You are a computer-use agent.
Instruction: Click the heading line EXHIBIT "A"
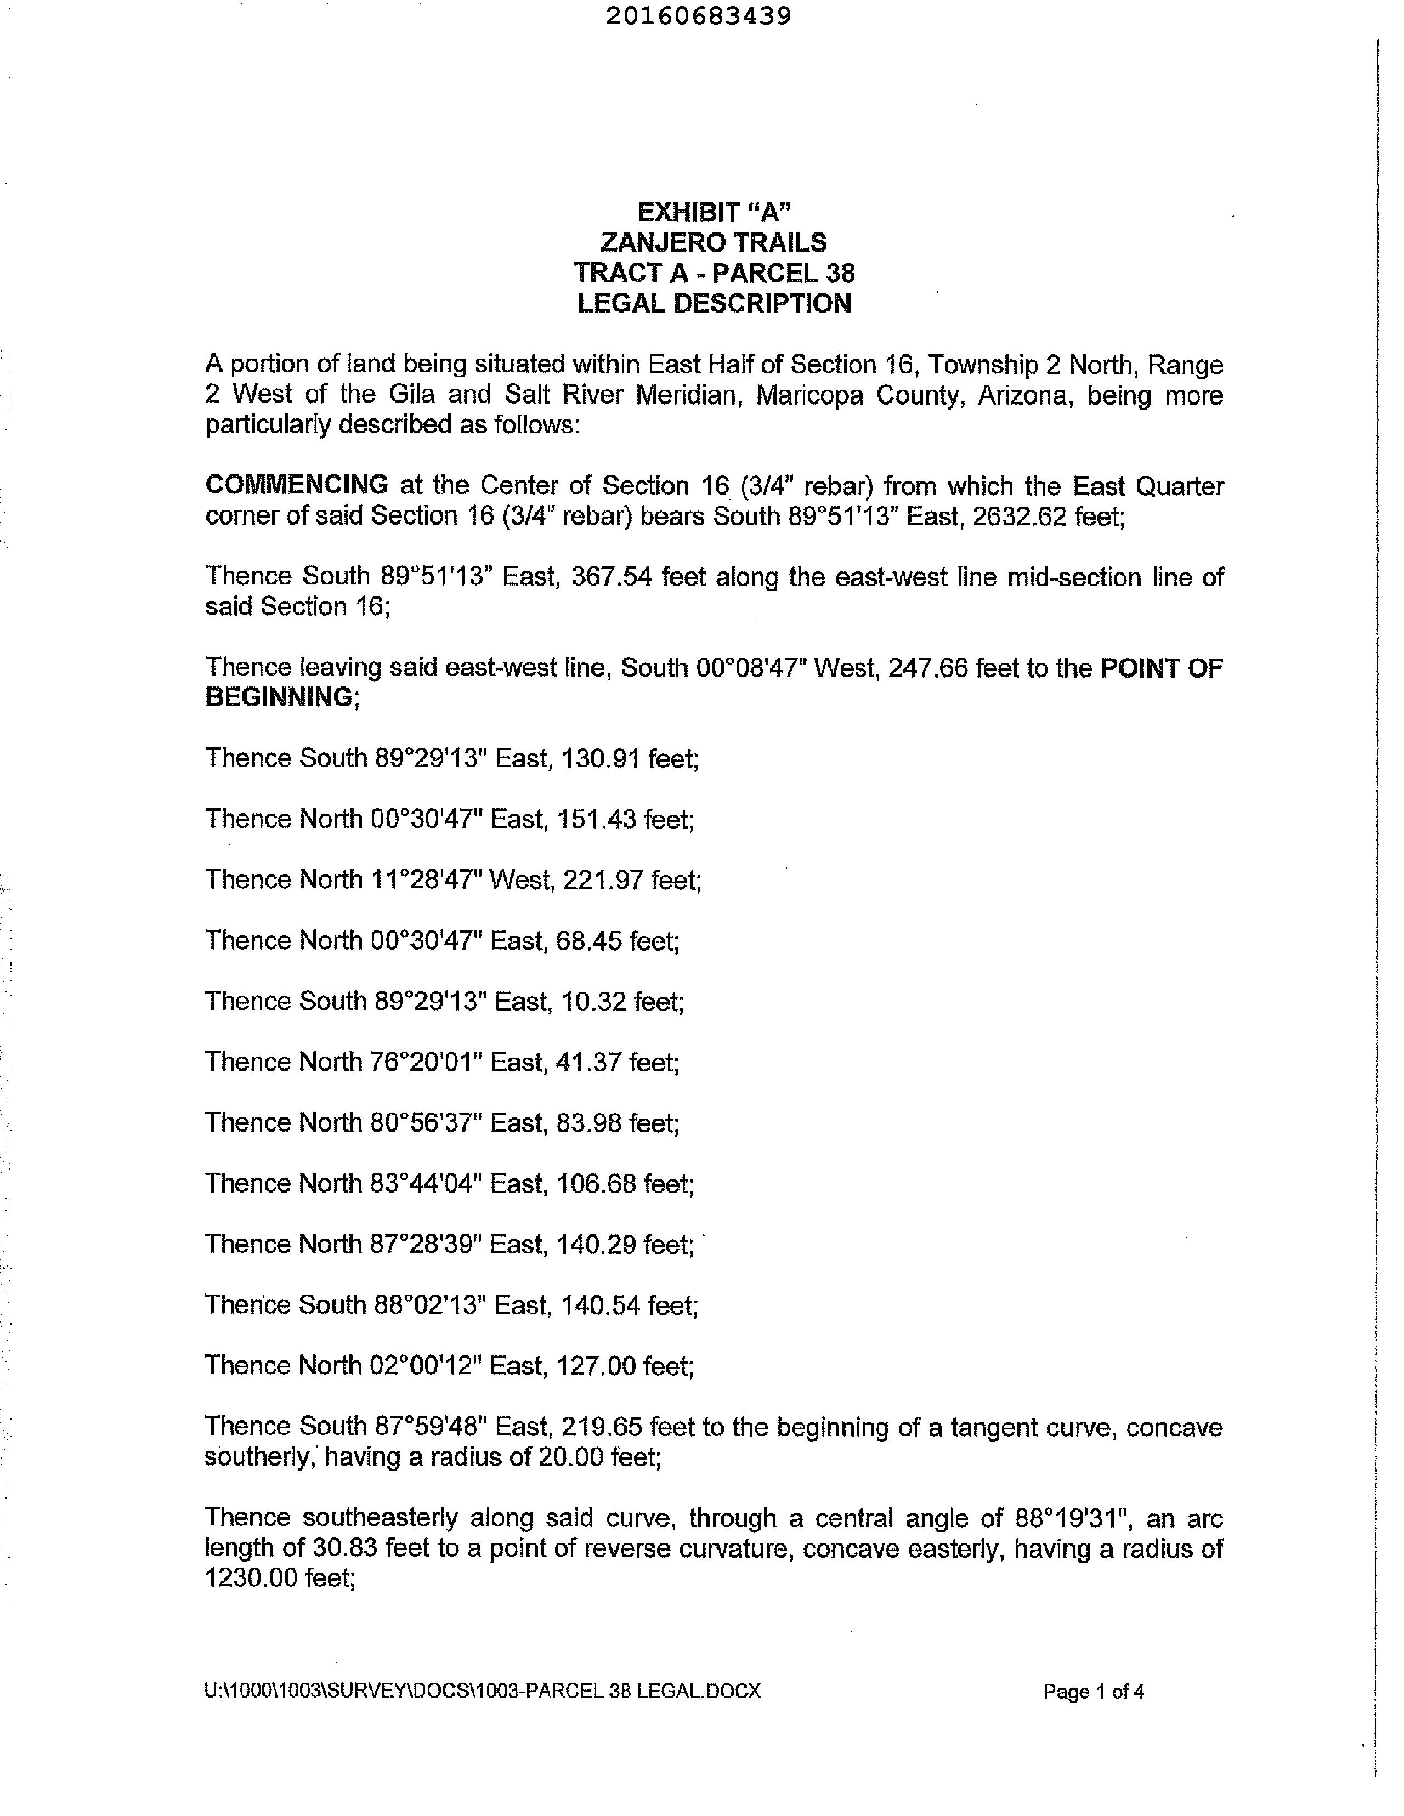(x=714, y=212)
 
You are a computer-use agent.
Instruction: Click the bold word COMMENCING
(x=297, y=484)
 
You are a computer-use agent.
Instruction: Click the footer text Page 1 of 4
(x=1093, y=1692)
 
